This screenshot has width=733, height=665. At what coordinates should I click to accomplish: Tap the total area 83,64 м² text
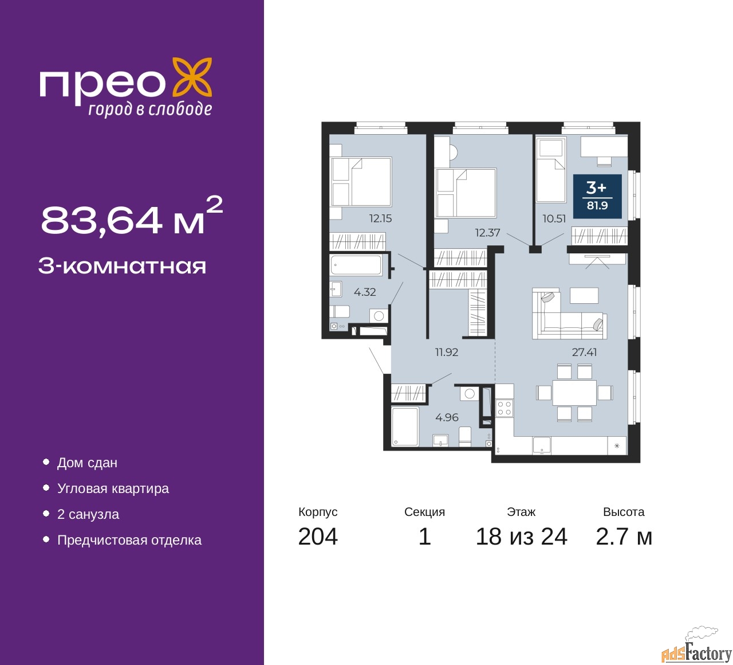click(x=131, y=218)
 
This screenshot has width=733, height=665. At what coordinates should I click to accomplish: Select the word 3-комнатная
click(x=122, y=266)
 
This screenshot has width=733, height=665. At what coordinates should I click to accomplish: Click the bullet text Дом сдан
click(x=87, y=463)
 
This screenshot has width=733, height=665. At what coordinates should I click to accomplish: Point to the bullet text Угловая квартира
click(x=113, y=488)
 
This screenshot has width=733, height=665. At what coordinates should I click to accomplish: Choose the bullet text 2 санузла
click(x=88, y=514)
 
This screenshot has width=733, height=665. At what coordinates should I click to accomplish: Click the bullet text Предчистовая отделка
click(x=129, y=540)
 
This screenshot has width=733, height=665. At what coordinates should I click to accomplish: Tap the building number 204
click(x=318, y=537)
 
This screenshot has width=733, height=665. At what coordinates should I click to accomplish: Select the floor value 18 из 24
click(x=521, y=537)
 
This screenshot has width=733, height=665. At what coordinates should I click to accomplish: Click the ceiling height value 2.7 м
click(x=624, y=537)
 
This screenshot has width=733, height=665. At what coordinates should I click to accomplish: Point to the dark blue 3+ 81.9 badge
click(x=597, y=196)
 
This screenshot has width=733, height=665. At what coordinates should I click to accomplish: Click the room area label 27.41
click(x=584, y=352)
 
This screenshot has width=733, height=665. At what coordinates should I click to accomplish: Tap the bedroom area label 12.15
click(x=380, y=218)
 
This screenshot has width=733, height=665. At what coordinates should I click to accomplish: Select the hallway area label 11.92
click(x=446, y=352)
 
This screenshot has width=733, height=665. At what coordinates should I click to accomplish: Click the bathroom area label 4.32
click(x=365, y=292)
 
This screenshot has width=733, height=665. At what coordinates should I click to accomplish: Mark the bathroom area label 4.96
click(x=447, y=417)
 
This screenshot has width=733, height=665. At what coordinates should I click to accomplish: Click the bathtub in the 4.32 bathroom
click(x=356, y=265)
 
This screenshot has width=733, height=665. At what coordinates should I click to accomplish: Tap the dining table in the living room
click(x=574, y=393)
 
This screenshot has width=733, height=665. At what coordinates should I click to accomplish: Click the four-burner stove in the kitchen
click(x=504, y=408)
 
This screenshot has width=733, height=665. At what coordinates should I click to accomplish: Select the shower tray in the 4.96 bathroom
click(x=405, y=426)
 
